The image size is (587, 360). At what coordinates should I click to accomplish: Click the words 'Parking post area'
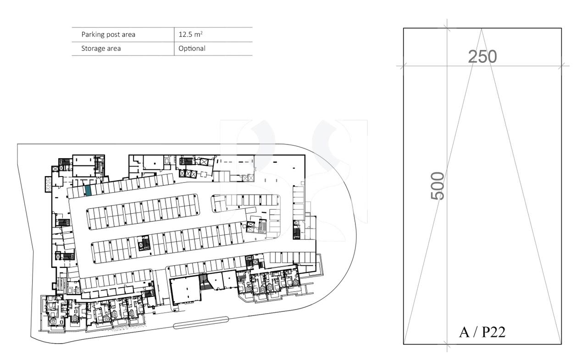(108, 34)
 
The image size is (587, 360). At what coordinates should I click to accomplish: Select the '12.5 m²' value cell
(191, 34)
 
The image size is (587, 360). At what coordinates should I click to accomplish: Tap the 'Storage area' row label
(101, 48)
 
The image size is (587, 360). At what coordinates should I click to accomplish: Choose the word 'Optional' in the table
(192, 48)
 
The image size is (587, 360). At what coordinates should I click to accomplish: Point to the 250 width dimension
(482, 57)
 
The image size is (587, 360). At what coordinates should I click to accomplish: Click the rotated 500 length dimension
(438, 185)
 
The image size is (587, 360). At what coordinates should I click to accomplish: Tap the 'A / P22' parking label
(482, 332)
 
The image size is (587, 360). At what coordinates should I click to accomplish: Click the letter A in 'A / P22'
(464, 332)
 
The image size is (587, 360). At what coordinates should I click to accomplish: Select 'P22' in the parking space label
(493, 332)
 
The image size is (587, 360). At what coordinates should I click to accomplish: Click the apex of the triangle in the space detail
(482, 29)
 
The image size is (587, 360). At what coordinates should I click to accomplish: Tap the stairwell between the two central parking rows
(144, 244)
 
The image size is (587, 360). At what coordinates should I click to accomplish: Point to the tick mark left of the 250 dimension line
(403, 66)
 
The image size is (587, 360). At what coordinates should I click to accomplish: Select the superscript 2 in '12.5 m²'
(202, 32)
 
